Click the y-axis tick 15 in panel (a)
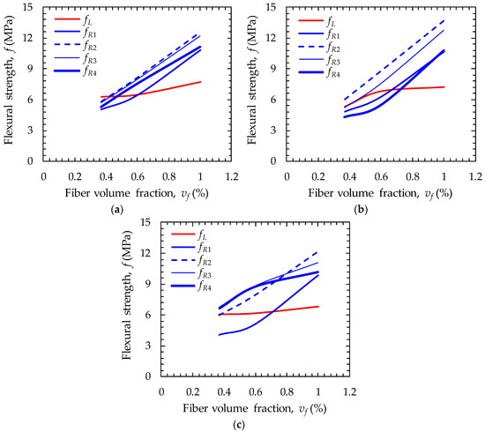31,8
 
